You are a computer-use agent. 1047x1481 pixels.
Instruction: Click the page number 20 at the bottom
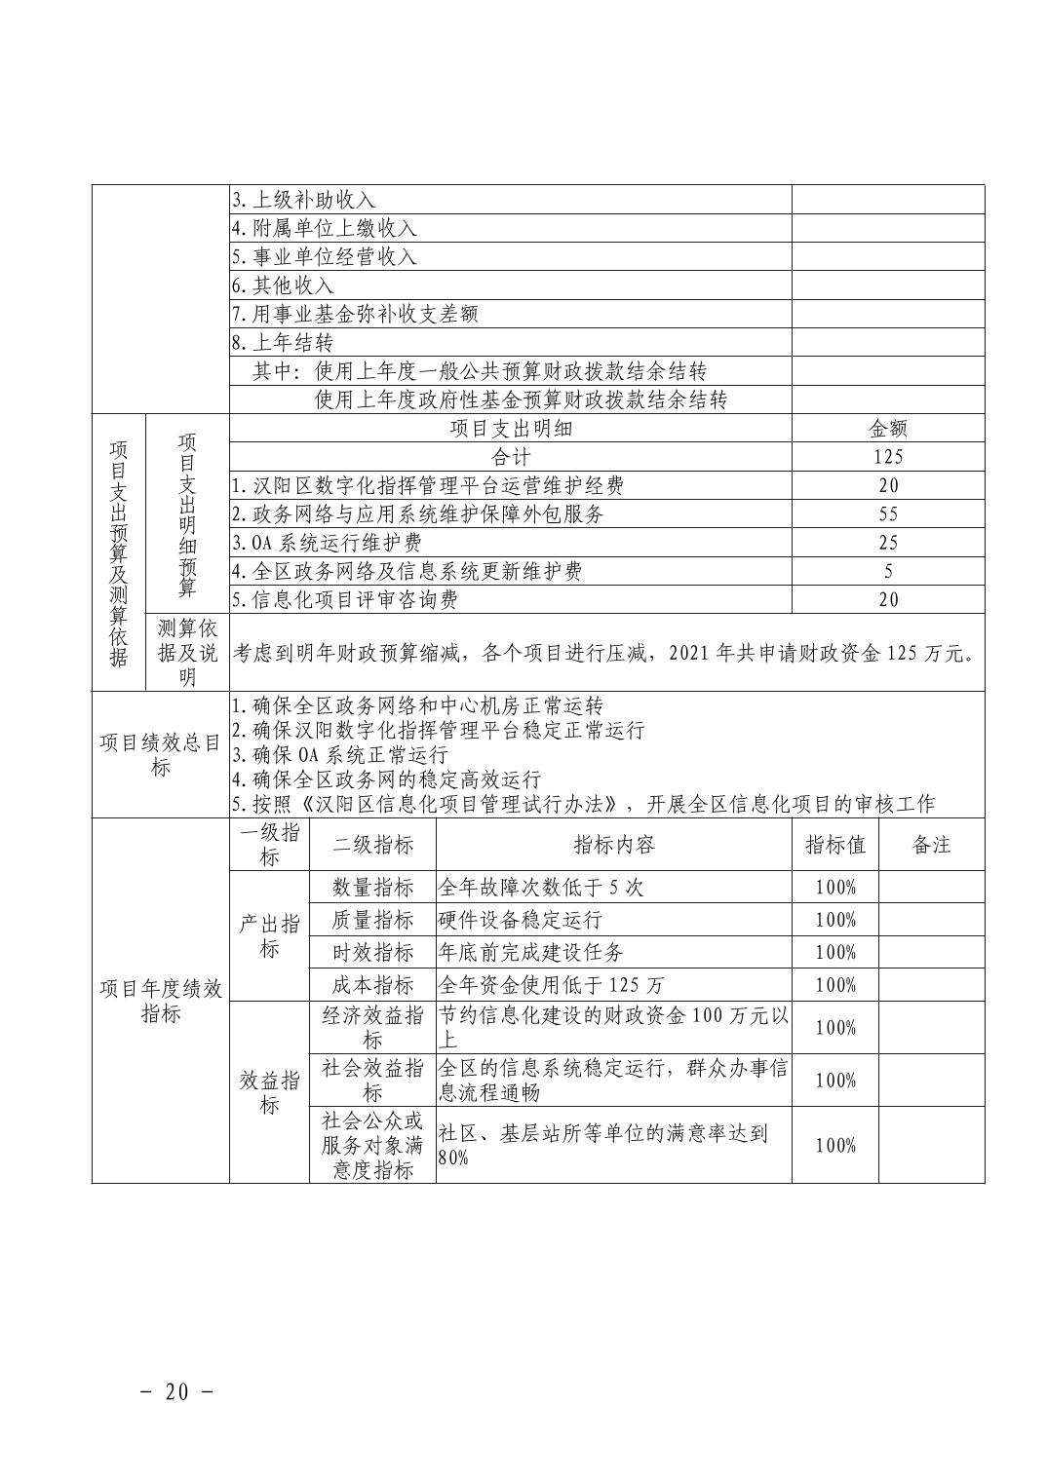176,1391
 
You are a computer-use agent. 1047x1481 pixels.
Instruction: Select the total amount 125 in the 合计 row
888,457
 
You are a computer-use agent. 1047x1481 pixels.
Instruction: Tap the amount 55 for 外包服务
888,513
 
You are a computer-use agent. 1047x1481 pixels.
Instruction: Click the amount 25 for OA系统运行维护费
888,543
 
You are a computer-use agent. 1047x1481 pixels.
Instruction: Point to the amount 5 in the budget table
888,571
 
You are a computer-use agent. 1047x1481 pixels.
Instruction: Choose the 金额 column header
888,429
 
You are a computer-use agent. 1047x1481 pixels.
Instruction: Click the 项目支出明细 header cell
511,429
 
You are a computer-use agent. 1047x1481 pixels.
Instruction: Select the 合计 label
511,457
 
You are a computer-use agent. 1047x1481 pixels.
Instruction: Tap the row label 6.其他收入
283,285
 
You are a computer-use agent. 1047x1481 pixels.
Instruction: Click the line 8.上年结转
283,343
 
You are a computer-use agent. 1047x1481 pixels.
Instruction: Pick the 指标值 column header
835,845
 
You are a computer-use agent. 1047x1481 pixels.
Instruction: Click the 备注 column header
931,845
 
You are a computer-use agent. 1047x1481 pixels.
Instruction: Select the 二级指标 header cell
372,845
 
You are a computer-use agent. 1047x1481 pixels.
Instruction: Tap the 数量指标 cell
372,888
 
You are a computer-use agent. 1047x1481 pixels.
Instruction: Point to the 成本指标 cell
372,984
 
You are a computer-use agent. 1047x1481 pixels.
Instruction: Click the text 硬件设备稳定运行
521,920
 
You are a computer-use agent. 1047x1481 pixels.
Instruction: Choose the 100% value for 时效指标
835,952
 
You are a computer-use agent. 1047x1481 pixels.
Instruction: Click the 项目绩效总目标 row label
161,755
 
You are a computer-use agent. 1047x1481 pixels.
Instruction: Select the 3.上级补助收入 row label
303,200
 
